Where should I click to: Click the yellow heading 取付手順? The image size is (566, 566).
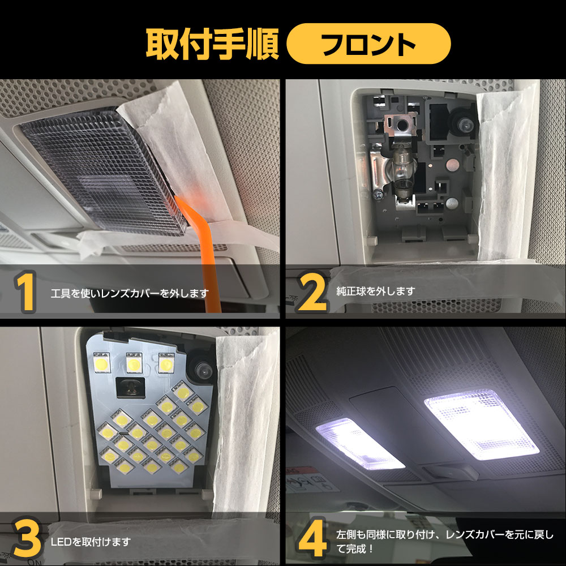pos(212,44)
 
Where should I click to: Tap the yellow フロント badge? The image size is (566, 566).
pos(368,44)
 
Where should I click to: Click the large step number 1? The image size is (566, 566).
pos(25,291)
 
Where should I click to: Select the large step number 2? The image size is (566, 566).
pos(312,291)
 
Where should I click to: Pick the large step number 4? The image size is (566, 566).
pos(312,538)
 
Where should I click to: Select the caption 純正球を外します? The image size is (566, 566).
pos(375,291)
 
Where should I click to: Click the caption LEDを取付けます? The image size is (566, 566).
pos(91,542)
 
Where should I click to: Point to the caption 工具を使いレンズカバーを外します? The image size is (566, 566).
pos(130,293)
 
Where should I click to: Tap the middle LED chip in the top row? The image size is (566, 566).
pos(134,363)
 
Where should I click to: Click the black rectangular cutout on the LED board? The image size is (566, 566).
pos(130,388)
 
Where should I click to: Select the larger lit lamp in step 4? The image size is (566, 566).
pos(482,424)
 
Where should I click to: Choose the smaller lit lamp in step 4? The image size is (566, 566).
pos(360,443)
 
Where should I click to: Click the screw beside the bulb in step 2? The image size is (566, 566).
pos(378,195)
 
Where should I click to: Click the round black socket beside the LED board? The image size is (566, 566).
pos(201,368)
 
